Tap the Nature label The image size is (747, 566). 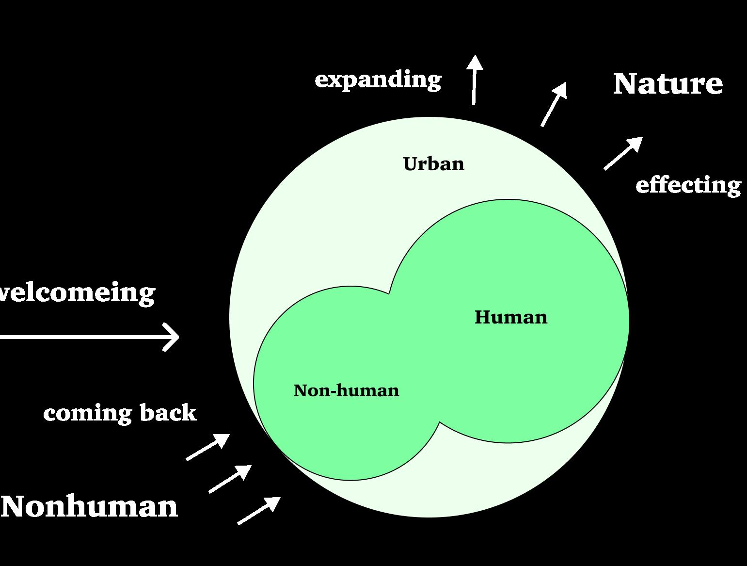(x=668, y=84)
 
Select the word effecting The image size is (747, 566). (x=688, y=185)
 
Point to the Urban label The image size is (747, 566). (x=433, y=164)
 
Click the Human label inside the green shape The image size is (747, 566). (x=511, y=317)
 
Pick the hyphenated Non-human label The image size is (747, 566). (x=346, y=390)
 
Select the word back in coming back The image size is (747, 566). (x=168, y=413)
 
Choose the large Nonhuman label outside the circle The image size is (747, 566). (x=90, y=506)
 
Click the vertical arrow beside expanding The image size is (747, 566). (x=475, y=80)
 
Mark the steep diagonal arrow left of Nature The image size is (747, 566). (x=554, y=104)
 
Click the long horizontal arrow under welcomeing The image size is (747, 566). (x=87, y=336)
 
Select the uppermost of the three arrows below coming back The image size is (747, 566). (x=208, y=447)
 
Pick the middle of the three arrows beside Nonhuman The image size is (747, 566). (x=230, y=479)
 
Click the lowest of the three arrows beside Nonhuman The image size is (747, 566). (x=258, y=511)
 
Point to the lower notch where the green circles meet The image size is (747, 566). (x=440, y=422)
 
